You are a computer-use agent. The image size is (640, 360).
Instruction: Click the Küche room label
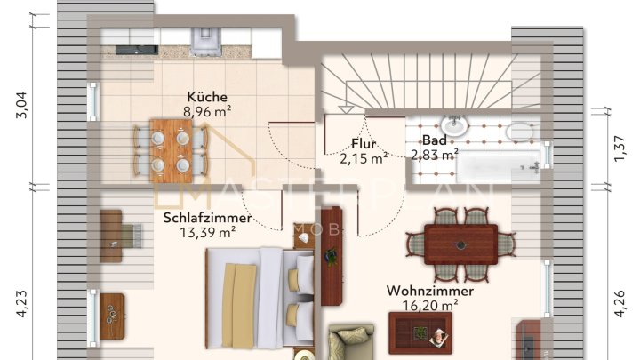click(x=207, y=97)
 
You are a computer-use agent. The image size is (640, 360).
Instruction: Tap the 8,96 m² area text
click(x=207, y=112)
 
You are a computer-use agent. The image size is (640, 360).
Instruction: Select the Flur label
click(x=364, y=143)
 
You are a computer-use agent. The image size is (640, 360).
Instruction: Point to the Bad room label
click(x=434, y=140)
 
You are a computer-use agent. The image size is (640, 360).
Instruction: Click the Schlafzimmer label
click(x=207, y=218)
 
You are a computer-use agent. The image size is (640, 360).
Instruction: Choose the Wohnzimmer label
click(x=429, y=291)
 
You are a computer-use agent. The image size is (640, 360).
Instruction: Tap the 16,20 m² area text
click(x=430, y=305)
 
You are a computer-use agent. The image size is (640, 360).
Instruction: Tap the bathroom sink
click(x=454, y=127)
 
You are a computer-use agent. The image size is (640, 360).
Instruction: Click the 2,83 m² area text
click(x=435, y=155)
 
